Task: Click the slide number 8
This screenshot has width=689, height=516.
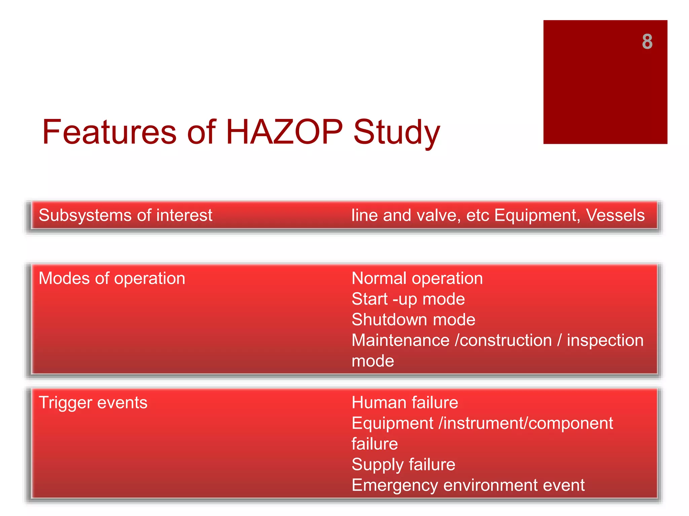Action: (647, 42)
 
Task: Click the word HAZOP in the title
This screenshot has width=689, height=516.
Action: (284, 132)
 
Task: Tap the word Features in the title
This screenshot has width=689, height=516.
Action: (109, 132)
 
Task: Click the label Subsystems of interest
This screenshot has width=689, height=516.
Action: (125, 215)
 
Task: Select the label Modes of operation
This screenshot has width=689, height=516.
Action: (112, 278)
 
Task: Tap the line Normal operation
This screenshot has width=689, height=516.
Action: (417, 278)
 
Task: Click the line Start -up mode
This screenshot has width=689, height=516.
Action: (408, 299)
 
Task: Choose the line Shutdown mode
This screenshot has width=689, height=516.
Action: (413, 320)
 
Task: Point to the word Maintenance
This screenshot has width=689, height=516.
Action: (400, 341)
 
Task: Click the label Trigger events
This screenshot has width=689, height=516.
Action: (93, 402)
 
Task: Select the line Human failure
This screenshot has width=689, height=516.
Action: (405, 402)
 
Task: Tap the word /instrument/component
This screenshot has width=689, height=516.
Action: (525, 423)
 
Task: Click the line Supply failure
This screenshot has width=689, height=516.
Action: (403, 465)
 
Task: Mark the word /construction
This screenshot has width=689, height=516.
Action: (503, 341)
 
